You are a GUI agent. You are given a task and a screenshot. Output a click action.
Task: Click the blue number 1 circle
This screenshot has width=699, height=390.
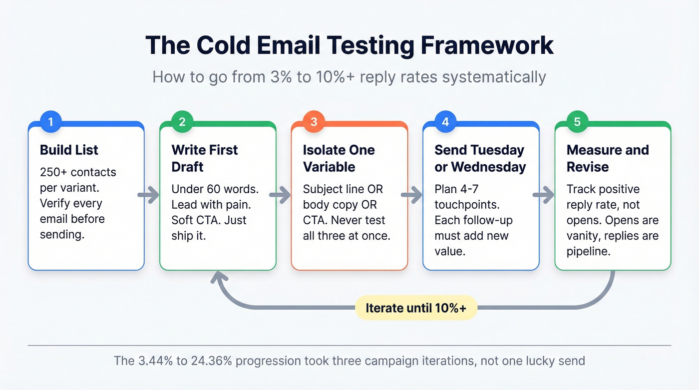(x=50, y=122)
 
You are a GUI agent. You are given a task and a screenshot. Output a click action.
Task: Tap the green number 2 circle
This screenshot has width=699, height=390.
(x=182, y=122)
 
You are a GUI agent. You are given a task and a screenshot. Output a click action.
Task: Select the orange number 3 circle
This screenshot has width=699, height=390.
(x=314, y=122)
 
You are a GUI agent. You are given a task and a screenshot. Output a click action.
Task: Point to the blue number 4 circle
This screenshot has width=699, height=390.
(x=445, y=122)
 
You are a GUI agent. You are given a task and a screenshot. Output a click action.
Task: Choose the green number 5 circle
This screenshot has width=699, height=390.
(x=577, y=122)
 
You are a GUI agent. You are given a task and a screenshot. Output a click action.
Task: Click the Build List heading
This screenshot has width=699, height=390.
(x=69, y=150)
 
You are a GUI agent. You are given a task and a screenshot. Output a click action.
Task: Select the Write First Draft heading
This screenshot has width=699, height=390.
(x=205, y=158)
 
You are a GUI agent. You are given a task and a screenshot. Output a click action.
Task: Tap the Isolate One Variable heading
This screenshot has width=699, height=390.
(x=339, y=158)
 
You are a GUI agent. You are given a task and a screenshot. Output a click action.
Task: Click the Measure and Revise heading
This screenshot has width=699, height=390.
(x=608, y=158)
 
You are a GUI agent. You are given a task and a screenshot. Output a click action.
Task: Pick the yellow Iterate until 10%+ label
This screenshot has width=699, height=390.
(x=416, y=308)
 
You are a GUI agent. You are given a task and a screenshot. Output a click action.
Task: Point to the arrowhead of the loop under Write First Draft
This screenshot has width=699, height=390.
(x=218, y=276)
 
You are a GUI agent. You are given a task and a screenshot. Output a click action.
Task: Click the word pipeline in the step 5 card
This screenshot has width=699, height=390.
(x=588, y=251)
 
